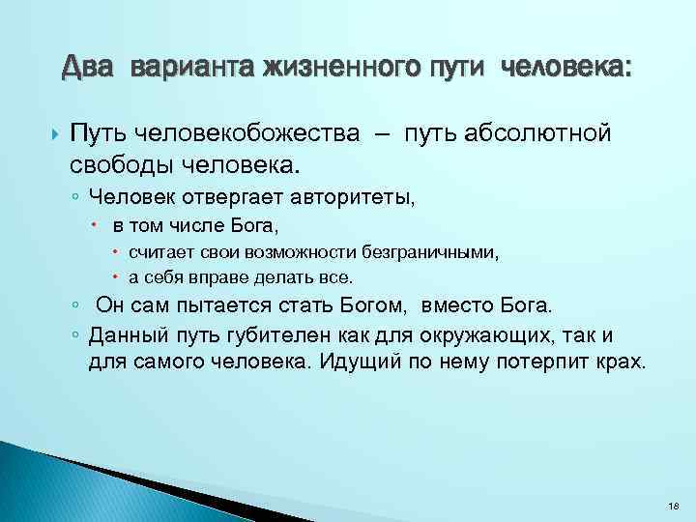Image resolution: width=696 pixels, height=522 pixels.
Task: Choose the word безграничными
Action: [432, 253]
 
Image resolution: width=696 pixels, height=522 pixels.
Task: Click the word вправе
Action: [232, 276]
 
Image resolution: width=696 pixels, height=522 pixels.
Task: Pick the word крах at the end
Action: [623, 362]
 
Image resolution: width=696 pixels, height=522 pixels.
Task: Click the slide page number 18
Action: [673, 506]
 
